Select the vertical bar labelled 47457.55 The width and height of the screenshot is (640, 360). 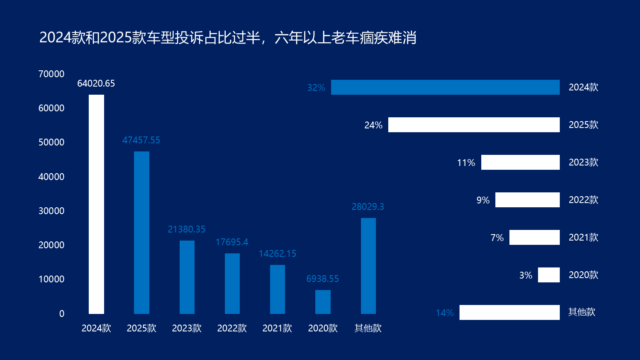click(x=142, y=232)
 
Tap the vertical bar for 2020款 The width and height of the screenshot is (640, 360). click(x=323, y=302)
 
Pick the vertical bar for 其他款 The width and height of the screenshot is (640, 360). click(x=368, y=266)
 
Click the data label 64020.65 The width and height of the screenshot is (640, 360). click(x=96, y=84)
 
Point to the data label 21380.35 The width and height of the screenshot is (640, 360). click(x=186, y=229)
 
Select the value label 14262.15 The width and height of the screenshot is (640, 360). click(x=277, y=254)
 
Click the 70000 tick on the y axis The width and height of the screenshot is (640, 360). click(x=52, y=74)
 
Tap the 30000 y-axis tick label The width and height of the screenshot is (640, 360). click(x=52, y=211)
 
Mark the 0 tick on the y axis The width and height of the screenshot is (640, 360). click(x=62, y=314)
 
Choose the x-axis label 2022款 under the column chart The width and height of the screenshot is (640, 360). click(x=232, y=328)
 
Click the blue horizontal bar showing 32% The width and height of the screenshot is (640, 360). click(x=445, y=87)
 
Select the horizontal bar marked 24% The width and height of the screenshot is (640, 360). click(x=474, y=125)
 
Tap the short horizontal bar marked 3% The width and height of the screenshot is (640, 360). click(x=549, y=275)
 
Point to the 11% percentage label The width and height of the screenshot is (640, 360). click(x=466, y=163)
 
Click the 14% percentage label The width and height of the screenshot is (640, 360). click(x=445, y=313)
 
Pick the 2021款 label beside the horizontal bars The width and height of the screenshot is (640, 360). click(x=583, y=238)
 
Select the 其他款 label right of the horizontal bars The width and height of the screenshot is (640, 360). click(x=582, y=312)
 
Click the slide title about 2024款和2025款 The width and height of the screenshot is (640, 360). click(x=228, y=38)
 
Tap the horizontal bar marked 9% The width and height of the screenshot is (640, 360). click(x=527, y=200)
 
